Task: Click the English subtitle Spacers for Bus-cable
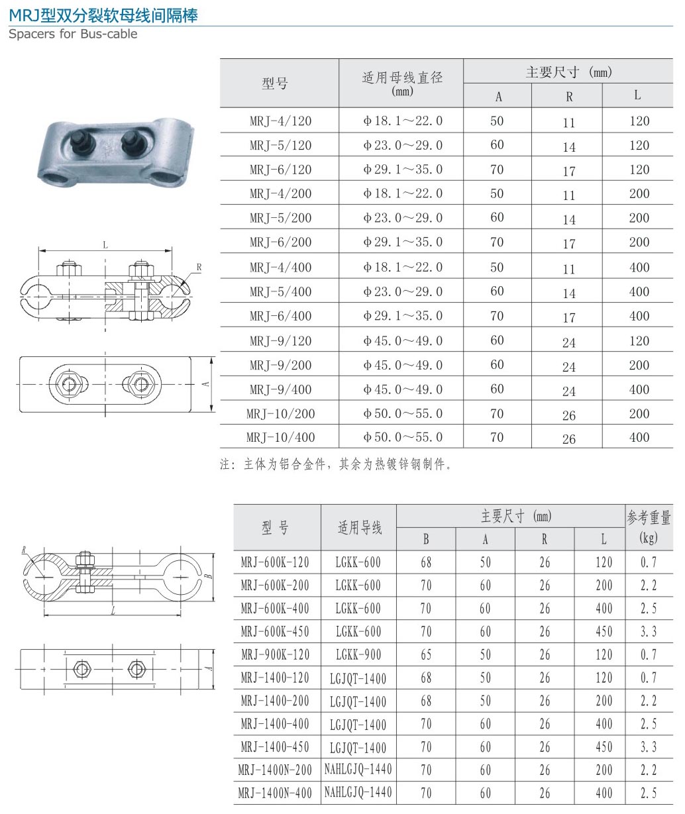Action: coord(73,34)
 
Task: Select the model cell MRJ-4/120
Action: coord(280,121)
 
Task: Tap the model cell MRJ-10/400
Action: coord(280,437)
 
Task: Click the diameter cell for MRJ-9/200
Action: coord(402,365)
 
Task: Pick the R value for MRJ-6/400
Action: coord(569,317)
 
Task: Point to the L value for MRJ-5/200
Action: coord(639,218)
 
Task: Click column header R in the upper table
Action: coord(569,97)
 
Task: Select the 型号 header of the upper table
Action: coord(275,83)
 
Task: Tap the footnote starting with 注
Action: coord(337,464)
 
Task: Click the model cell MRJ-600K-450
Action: coord(275,631)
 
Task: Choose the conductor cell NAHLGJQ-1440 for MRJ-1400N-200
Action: coord(358,769)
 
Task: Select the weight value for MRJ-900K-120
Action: coord(648,654)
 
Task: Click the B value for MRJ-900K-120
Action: coord(425,654)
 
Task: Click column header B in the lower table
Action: coord(425,539)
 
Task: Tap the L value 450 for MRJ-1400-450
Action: coord(604,747)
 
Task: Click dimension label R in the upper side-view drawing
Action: coord(199,268)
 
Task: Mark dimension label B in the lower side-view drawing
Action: coord(208,576)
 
